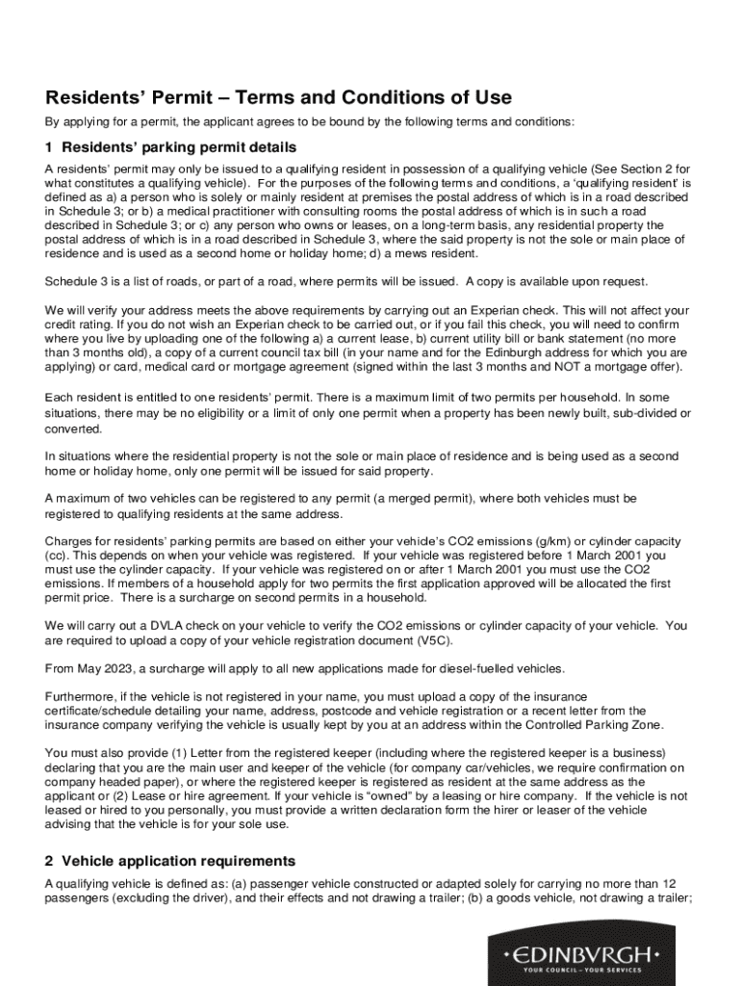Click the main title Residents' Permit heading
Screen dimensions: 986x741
coord(278,97)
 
